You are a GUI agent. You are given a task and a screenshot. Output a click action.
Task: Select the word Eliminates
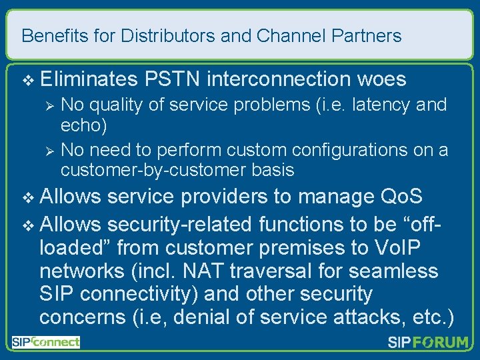[87, 79]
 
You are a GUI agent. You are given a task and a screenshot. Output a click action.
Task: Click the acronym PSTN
[171, 79]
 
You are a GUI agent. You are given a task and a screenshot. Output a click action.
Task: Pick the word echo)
[83, 125]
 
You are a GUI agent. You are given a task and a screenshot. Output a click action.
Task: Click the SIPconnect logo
[45, 342]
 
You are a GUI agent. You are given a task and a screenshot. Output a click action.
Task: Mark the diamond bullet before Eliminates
[27, 80]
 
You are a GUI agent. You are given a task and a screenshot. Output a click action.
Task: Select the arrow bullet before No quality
[47, 106]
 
